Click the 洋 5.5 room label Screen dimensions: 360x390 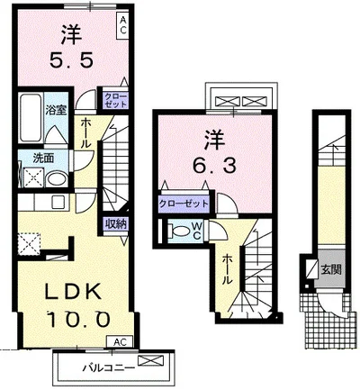click(72, 47)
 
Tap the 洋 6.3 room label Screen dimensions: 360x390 click(214, 154)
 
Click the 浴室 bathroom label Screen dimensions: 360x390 click(56, 110)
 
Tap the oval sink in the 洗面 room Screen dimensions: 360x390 click(58, 179)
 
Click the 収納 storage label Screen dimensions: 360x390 click(115, 223)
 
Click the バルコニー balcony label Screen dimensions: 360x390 click(107, 367)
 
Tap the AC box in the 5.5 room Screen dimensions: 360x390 click(123, 25)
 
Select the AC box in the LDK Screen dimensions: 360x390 click(120, 341)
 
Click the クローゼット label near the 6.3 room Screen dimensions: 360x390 click(184, 204)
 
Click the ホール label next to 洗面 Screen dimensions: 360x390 click(85, 132)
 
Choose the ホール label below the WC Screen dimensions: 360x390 click(228, 269)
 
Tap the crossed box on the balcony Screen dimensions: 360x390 click(151, 360)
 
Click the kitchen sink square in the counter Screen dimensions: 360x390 click(57, 202)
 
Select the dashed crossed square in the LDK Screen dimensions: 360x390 click(29, 244)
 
